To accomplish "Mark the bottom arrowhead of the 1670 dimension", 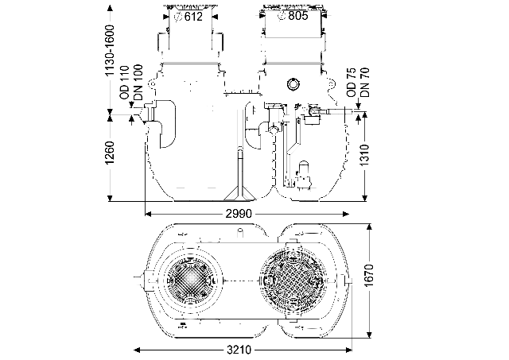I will tap(369, 336).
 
